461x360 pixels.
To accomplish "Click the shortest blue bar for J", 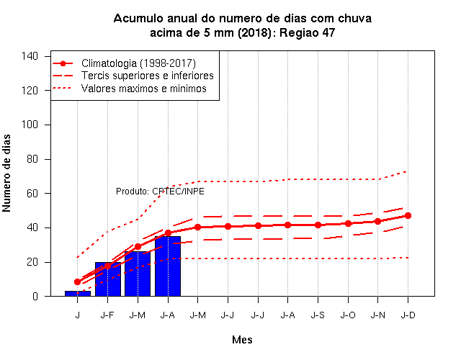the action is (x=78, y=293).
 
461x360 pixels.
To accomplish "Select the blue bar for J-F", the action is (x=108, y=279).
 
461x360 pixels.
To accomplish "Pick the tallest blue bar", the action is (x=168, y=266).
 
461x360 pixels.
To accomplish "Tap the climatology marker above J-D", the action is (x=408, y=216).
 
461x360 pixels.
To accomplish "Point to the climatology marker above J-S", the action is (x=318, y=225).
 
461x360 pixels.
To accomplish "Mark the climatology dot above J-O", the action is (x=348, y=224).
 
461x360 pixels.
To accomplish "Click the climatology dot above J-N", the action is (x=377, y=221).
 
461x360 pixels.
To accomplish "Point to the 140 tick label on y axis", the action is (x=30, y=56).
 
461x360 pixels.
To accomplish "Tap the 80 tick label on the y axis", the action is (x=32, y=159).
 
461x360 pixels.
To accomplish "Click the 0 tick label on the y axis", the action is (x=35, y=296).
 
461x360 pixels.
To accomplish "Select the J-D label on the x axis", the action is (x=408, y=315).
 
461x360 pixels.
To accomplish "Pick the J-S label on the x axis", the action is (x=318, y=315).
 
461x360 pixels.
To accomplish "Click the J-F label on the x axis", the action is (x=107, y=315).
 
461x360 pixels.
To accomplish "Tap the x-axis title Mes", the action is (x=242, y=340).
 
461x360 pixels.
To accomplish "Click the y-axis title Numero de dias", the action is (x=6, y=173).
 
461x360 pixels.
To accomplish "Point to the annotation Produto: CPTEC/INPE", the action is (x=160, y=192).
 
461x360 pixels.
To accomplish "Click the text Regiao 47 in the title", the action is (x=307, y=32).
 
